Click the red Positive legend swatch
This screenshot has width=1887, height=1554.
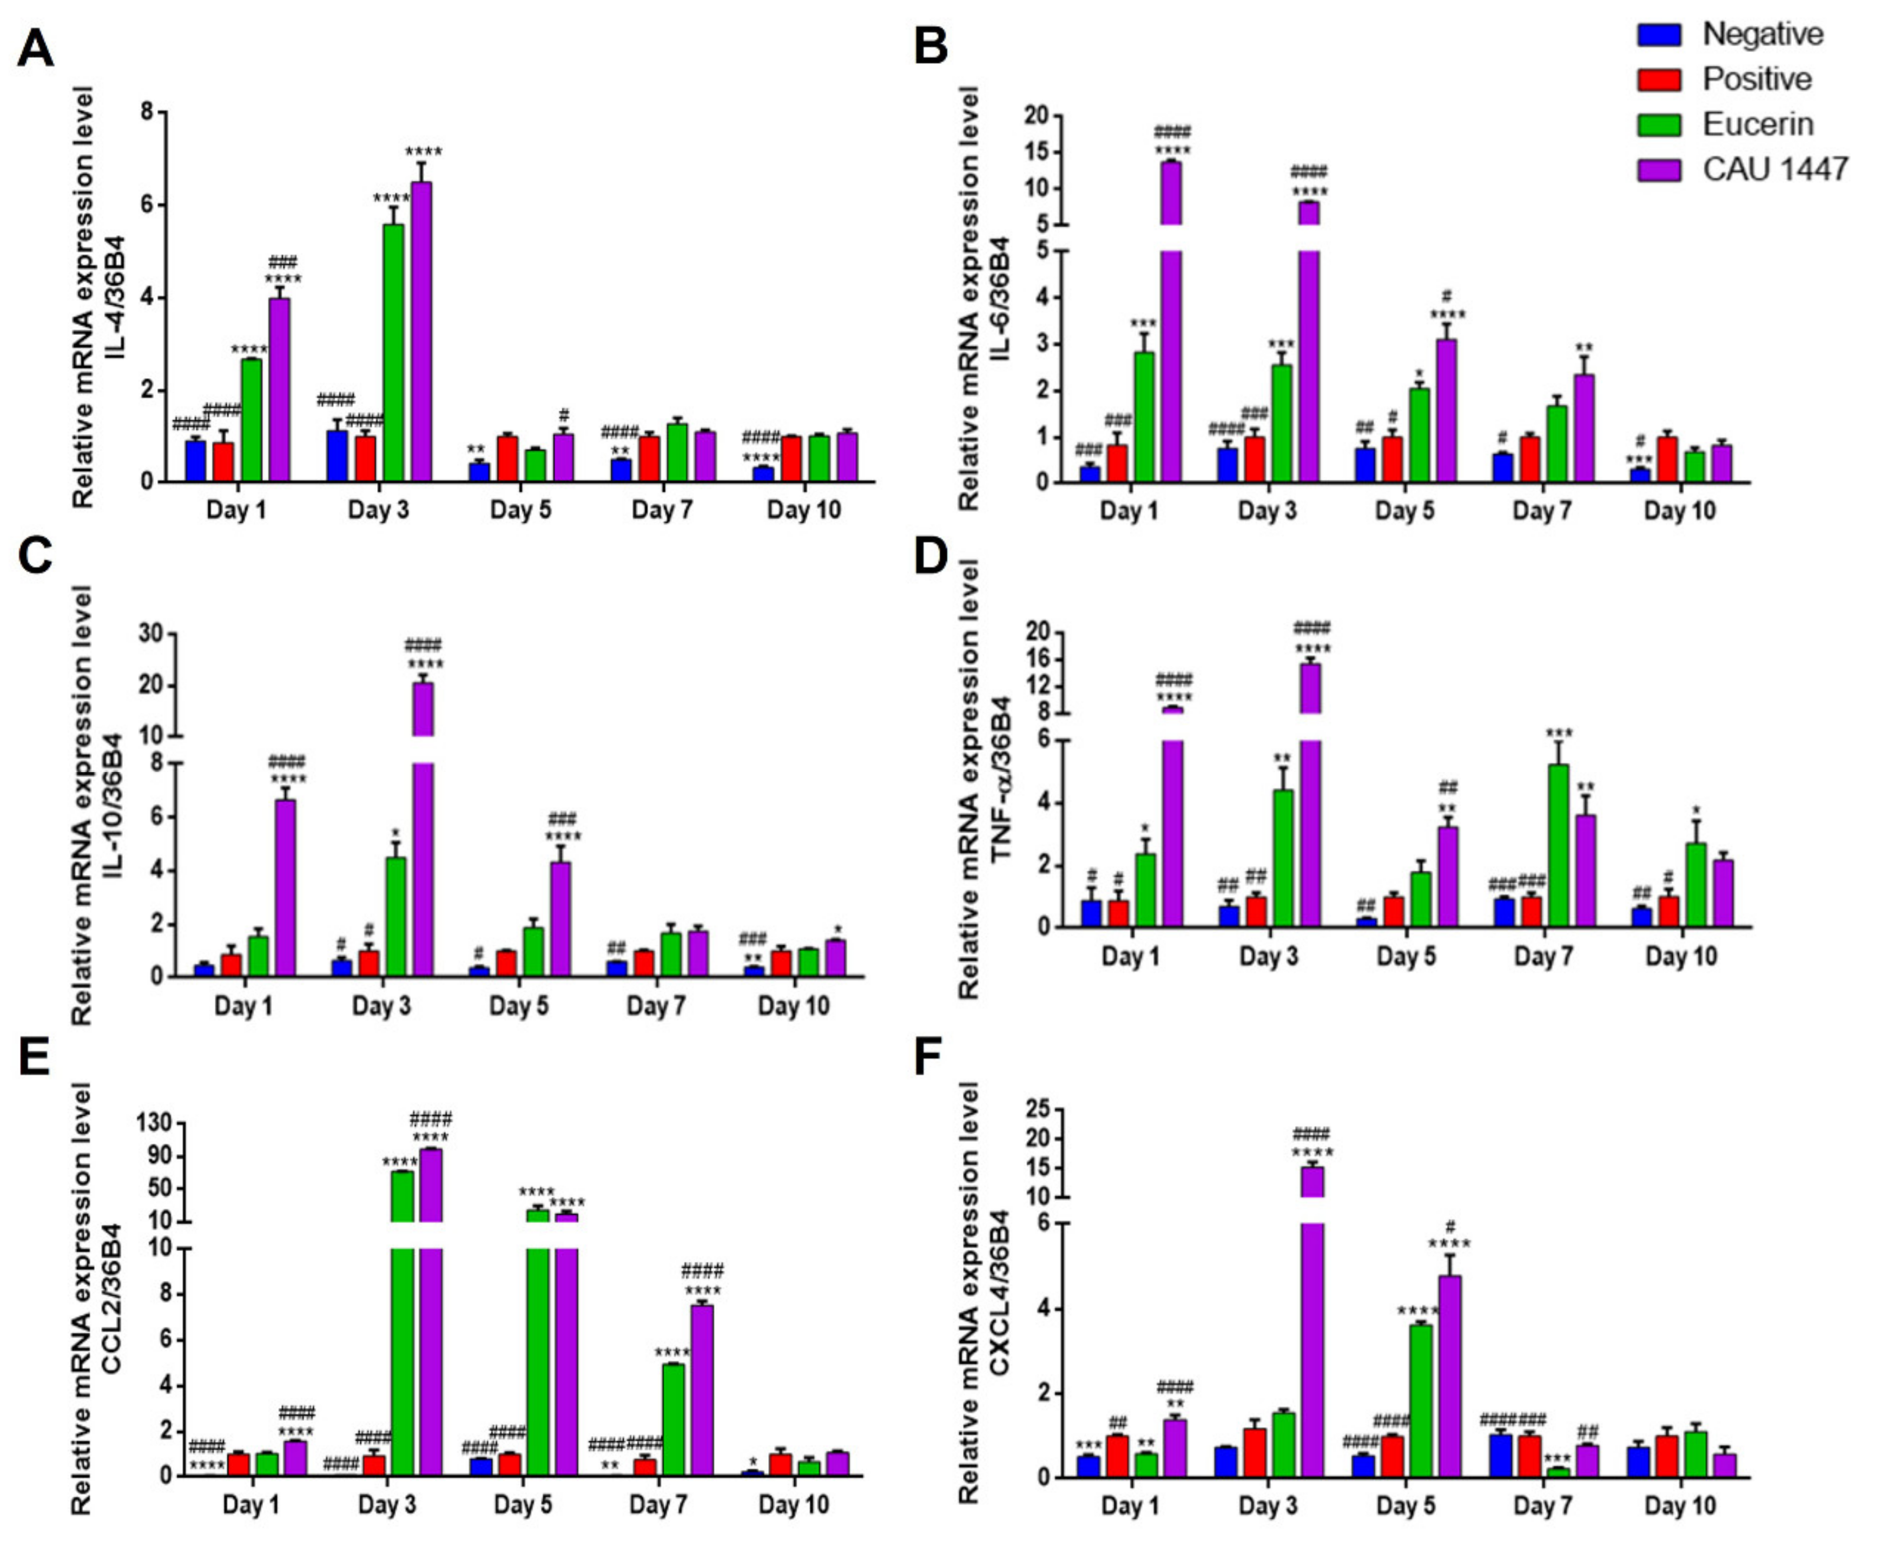(x=1659, y=80)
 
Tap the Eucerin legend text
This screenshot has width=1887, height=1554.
(x=1757, y=124)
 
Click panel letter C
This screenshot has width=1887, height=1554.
(x=34, y=556)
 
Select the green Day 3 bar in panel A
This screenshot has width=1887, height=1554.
(x=393, y=353)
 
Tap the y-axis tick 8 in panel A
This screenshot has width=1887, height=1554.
(x=147, y=112)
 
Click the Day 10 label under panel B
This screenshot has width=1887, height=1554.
(x=1679, y=511)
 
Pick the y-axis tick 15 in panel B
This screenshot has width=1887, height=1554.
(x=1037, y=152)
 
